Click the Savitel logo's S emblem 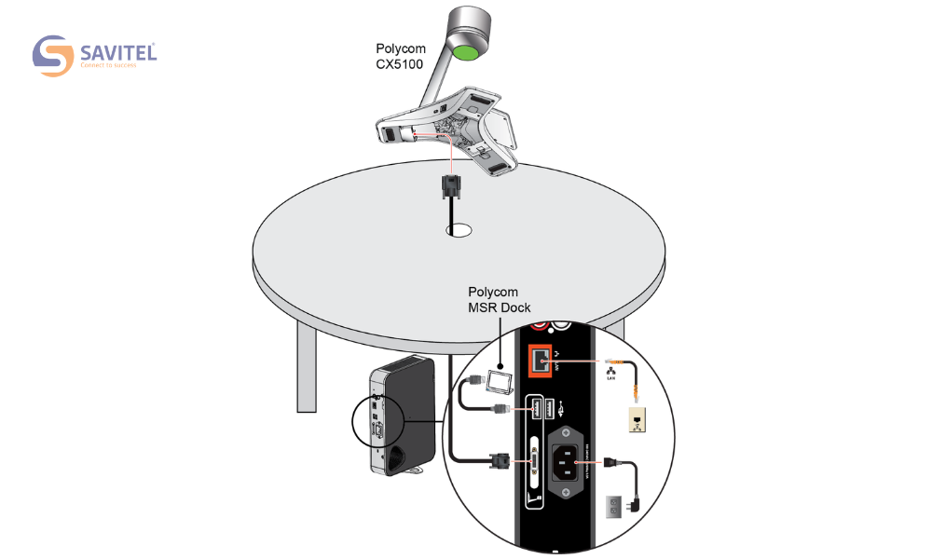pyautogui.click(x=53, y=56)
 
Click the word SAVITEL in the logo pyautogui.click(x=117, y=52)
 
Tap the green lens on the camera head pyautogui.click(x=470, y=51)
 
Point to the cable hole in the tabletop pyautogui.click(x=457, y=228)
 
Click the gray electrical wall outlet pyautogui.click(x=614, y=506)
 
